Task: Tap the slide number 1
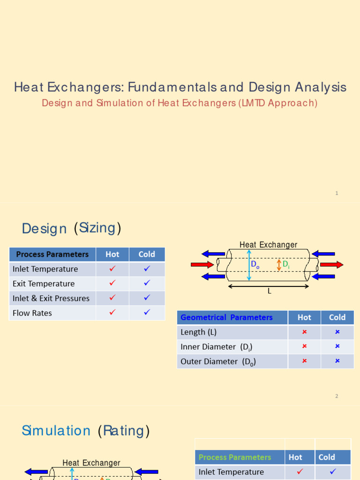pyautogui.click(x=337, y=193)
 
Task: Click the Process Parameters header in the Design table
pyautogui.click(x=52, y=255)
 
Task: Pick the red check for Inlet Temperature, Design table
pyautogui.click(x=112, y=269)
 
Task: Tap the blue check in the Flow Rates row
pyautogui.click(x=147, y=313)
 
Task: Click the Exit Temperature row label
pyautogui.click(x=44, y=284)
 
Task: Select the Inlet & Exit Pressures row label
pyautogui.click(x=51, y=298)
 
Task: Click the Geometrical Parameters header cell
pyautogui.click(x=226, y=317)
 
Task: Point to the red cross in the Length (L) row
pyautogui.click(x=304, y=332)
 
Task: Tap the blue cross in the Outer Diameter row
pyautogui.click(x=337, y=361)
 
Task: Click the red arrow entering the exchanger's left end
pyautogui.click(x=202, y=265)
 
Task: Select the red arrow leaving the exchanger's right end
pyautogui.click(x=331, y=265)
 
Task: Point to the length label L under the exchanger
pyautogui.click(x=270, y=291)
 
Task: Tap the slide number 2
pyautogui.click(x=337, y=396)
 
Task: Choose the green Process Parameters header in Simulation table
pyautogui.click(x=235, y=457)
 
